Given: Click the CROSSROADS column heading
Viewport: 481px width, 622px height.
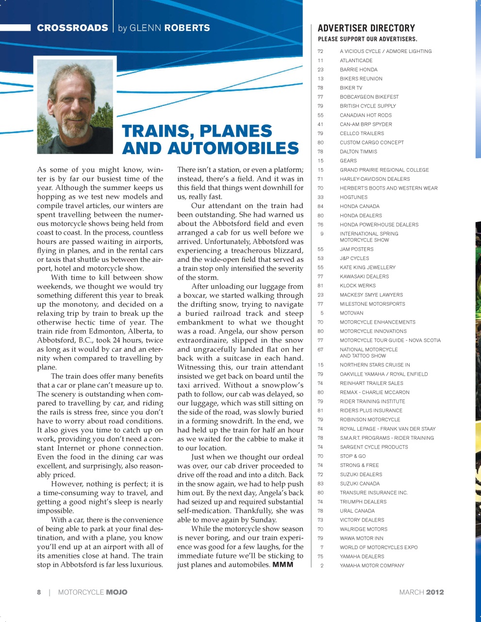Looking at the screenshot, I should [x=72, y=28].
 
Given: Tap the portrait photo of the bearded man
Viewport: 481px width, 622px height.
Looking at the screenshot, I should [x=75, y=106].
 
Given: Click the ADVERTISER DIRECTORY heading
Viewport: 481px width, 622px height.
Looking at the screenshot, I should [x=366, y=28].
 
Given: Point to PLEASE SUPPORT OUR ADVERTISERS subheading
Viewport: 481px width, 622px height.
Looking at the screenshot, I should [x=367, y=39].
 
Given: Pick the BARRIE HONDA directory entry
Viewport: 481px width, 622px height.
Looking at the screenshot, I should [x=358, y=69].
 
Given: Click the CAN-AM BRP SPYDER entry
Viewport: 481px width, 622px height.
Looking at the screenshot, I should [x=365, y=124].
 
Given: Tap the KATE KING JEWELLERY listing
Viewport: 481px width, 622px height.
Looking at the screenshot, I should [x=367, y=267].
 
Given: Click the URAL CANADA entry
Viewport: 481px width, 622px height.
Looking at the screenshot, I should [x=357, y=511].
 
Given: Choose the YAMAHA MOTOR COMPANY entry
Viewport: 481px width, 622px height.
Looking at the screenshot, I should [x=372, y=566].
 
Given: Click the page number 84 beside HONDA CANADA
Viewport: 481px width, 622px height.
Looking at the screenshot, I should [x=320, y=207].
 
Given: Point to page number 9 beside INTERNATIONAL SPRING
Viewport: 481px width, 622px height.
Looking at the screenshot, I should [x=322, y=234].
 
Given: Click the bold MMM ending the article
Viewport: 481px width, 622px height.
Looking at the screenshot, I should [x=282, y=565].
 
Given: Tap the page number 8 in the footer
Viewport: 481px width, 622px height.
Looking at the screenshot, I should [x=39, y=592].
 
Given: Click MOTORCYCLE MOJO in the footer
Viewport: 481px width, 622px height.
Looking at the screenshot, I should [x=93, y=592].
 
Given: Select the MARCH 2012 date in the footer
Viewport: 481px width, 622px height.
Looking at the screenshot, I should [x=421, y=592].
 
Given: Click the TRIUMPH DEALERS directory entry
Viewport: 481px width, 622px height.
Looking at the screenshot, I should [x=363, y=502].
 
